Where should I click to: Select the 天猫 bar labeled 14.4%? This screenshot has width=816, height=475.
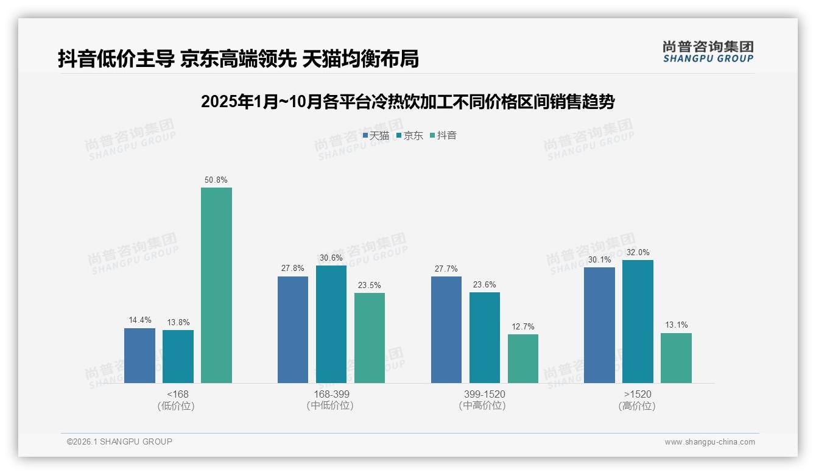coord(139,356)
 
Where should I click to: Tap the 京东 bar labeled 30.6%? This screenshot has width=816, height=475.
coord(331,324)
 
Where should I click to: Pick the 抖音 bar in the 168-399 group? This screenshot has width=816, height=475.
coord(370,338)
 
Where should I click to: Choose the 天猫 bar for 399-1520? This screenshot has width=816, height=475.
coord(446,329)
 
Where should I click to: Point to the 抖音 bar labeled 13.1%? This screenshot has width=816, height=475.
coord(676,358)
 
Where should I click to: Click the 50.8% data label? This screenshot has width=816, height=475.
coord(216,180)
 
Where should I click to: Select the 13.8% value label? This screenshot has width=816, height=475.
coord(178,323)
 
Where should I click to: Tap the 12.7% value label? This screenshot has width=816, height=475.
coord(523,327)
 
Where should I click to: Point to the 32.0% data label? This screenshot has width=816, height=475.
coord(638,253)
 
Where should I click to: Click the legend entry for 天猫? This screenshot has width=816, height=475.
coord(376,136)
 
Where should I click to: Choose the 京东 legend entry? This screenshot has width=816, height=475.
coord(409,136)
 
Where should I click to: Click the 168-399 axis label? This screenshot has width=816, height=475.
coord(331,394)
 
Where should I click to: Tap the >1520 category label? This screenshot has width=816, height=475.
coord(638,394)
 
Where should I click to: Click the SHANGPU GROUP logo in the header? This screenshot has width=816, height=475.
coord(708,52)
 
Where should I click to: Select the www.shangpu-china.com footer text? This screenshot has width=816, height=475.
coord(709,442)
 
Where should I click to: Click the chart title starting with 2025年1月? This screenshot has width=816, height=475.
coord(407,102)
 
